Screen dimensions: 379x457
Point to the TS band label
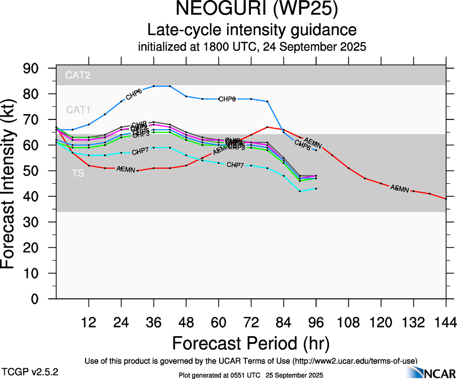78,173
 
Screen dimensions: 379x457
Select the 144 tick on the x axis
446,322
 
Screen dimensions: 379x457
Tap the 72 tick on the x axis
251,322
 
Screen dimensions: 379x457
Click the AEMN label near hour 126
400,188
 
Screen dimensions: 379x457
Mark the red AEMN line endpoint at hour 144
446,199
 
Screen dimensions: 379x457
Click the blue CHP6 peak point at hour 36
154,86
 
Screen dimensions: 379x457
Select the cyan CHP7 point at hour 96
316,189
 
